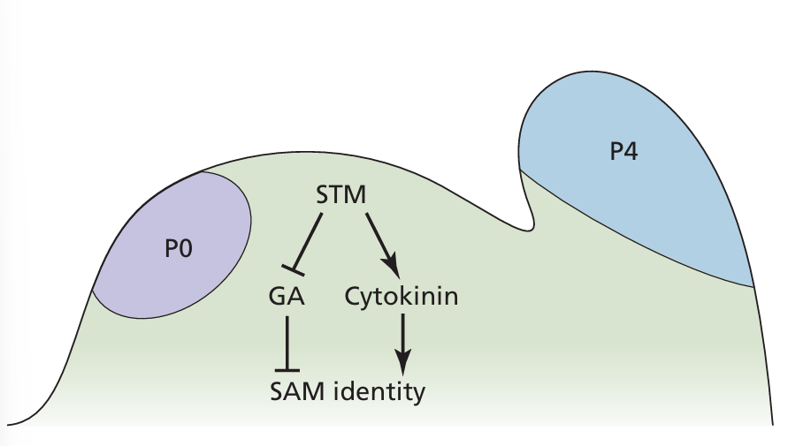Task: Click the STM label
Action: [x=341, y=193]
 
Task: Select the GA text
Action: [x=287, y=297]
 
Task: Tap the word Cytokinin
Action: [x=401, y=297]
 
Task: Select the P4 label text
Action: [x=625, y=152]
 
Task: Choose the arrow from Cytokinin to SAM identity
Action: [x=402, y=340]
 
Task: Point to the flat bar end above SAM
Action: [x=287, y=370]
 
